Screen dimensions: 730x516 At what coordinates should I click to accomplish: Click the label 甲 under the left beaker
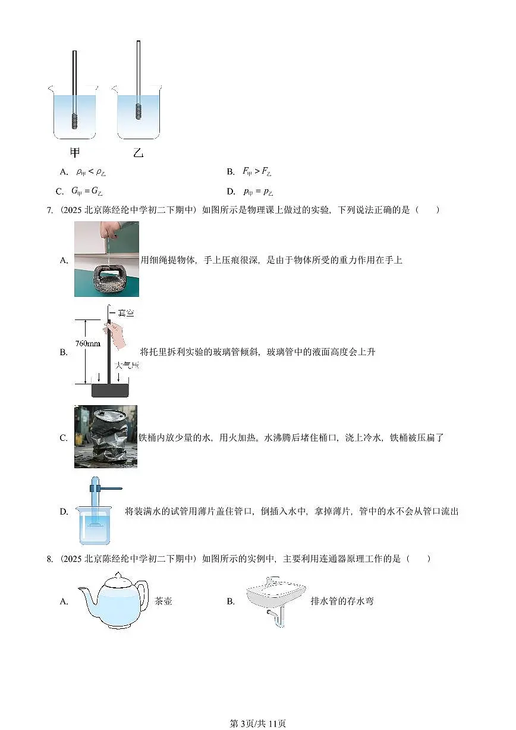click(75, 153)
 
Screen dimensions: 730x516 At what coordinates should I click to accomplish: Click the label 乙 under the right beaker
click(139, 153)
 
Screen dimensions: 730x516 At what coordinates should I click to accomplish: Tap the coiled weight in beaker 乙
click(139, 111)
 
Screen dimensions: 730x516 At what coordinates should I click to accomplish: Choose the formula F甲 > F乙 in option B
click(256, 172)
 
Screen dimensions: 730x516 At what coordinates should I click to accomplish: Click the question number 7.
click(49, 210)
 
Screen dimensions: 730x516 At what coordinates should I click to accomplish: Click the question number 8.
click(49, 559)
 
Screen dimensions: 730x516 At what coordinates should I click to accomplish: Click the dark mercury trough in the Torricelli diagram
click(110, 390)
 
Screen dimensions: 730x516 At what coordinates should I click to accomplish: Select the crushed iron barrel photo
click(106, 436)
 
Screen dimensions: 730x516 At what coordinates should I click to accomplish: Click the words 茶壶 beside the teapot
click(163, 601)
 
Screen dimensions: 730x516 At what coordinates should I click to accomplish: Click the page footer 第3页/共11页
click(257, 723)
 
